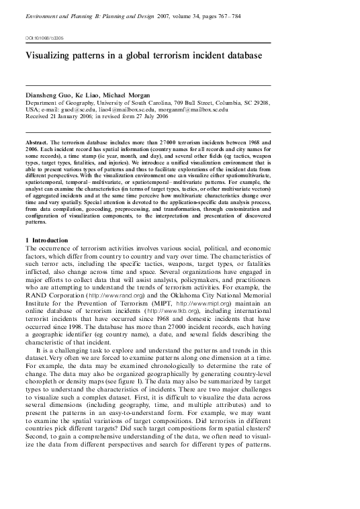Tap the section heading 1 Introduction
[46, 240]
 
